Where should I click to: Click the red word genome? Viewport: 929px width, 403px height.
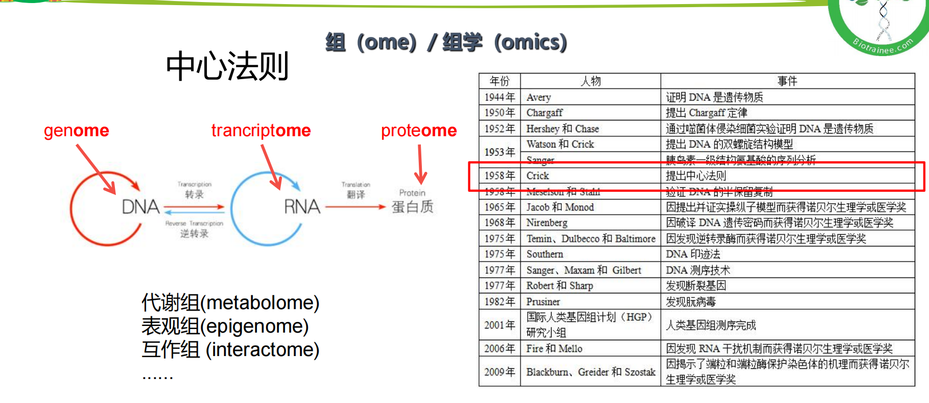click(x=76, y=131)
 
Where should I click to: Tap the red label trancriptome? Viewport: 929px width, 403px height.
click(x=260, y=131)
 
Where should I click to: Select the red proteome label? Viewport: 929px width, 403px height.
click(x=419, y=131)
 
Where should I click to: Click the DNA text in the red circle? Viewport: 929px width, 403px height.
click(x=141, y=207)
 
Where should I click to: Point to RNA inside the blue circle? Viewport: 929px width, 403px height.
click(x=302, y=207)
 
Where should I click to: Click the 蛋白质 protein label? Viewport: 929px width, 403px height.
click(x=412, y=207)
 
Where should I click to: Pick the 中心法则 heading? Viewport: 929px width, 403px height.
click(x=228, y=66)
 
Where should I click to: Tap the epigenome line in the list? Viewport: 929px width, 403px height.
click(x=254, y=326)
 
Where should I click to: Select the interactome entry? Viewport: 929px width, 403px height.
click(x=263, y=350)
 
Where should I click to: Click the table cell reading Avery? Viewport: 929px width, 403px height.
click(x=539, y=97)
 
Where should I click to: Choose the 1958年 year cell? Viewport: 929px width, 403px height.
click(x=499, y=176)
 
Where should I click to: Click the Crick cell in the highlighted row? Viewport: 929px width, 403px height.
click(x=538, y=176)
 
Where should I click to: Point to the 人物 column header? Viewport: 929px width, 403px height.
click(x=590, y=81)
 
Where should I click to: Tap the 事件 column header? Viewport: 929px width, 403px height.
click(x=787, y=81)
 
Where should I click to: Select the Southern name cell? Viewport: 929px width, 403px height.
click(x=545, y=254)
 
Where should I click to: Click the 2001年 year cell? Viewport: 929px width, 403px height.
click(x=499, y=325)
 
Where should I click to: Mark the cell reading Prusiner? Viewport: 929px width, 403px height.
click(x=543, y=301)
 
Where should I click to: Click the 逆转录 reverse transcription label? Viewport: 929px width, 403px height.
click(x=194, y=234)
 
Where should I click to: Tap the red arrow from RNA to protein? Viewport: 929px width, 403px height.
click(x=355, y=207)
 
